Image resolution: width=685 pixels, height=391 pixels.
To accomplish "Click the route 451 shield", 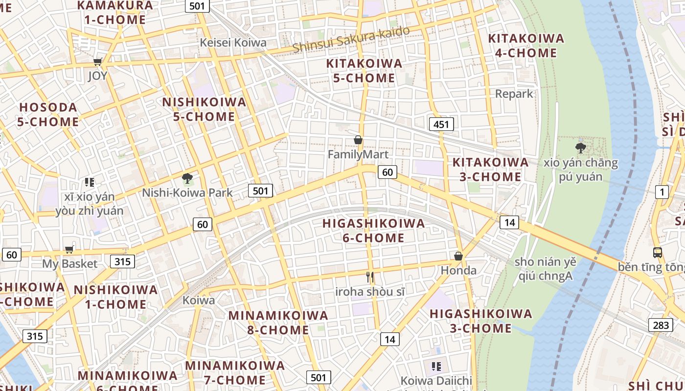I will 441,124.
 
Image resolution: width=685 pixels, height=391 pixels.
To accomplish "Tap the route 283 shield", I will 661,325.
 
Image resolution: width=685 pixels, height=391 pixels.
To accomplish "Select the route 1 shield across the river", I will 662,192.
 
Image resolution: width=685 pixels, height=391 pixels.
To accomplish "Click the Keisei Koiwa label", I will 233,43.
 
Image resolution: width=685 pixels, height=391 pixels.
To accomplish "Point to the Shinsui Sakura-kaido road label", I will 351,40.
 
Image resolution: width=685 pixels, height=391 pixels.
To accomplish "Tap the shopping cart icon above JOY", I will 97,62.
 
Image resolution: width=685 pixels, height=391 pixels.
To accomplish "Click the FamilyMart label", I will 358,154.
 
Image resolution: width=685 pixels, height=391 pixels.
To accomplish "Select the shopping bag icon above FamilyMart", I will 358,140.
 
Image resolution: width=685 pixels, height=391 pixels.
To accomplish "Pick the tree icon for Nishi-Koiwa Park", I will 187,178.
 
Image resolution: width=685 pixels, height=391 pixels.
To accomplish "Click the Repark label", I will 514,94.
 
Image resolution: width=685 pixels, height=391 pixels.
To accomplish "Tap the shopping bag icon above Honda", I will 458,256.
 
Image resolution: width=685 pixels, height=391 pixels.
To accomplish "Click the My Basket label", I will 69,264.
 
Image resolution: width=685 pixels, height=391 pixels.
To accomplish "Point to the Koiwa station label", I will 199,300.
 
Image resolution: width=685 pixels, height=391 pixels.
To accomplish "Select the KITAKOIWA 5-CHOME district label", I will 364,70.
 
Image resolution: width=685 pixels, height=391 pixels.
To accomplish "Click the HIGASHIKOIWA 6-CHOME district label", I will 374,231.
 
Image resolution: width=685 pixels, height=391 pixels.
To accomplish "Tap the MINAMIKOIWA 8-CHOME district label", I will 278,323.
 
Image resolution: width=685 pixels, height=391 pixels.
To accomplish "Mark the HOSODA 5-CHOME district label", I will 48,114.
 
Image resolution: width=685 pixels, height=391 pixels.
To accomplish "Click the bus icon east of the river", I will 658,253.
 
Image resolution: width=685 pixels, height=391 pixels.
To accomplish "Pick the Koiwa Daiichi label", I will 436,380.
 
